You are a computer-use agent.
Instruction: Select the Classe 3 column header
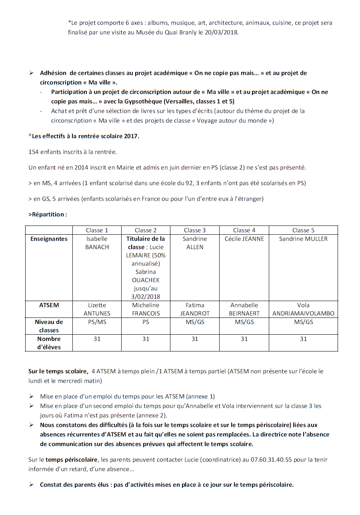click(195, 230)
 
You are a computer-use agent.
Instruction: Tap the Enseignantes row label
click(49, 239)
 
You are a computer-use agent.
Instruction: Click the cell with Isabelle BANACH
click(97, 243)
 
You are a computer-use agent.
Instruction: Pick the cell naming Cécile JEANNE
click(244, 239)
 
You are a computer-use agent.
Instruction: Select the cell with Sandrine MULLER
click(303, 239)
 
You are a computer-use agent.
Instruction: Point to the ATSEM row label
click(49, 305)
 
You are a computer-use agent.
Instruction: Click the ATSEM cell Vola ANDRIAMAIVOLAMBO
click(303, 309)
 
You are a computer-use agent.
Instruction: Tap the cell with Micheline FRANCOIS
click(146, 309)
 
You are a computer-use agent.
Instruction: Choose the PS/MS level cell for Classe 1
click(97, 322)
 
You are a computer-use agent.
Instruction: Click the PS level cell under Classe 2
click(146, 322)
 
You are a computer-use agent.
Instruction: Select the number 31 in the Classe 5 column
click(303, 339)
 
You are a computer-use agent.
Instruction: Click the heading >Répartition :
click(48, 214)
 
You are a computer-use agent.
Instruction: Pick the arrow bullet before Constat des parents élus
click(31, 485)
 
